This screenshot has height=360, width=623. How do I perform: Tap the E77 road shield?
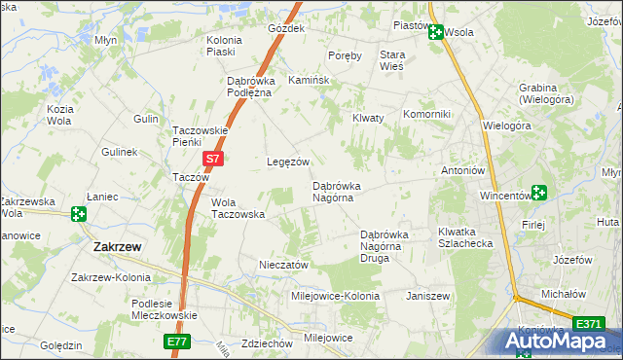coord(176,342)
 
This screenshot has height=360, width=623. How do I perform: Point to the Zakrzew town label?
coord(118,247)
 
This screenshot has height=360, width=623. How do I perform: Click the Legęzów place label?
coord(288,162)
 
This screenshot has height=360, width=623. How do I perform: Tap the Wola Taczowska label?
coord(238,208)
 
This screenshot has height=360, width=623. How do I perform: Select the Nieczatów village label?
coord(284,264)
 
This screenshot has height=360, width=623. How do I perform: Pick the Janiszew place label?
coord(427,294)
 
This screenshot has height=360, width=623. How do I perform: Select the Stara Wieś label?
coord(391,61)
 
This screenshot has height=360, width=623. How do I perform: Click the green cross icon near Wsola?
coord(436,32)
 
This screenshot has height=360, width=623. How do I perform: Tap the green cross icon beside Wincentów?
coord(538,193)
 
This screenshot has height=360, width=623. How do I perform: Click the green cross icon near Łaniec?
coord(79,212)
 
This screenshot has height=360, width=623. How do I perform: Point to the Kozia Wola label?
coord(60,115)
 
